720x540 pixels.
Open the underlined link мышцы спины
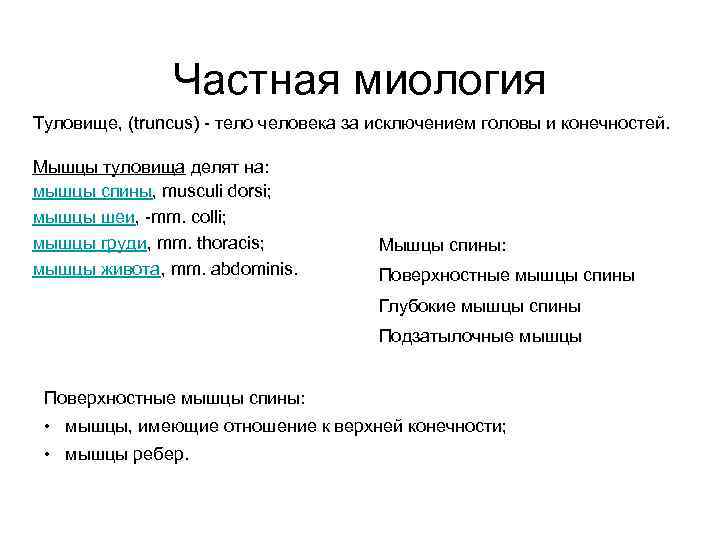92,191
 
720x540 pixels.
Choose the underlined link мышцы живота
97,268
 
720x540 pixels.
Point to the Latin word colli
215,217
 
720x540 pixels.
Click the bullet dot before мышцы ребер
48,454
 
